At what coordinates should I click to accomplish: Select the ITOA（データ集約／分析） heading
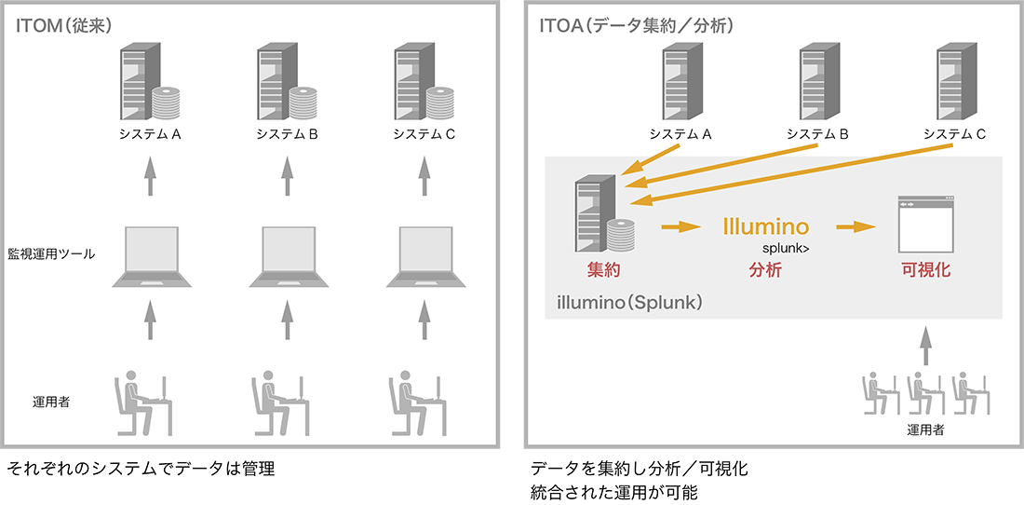coord(636,25)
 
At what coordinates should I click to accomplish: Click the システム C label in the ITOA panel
coord(954,134)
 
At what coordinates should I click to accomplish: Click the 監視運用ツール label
coord(51,253)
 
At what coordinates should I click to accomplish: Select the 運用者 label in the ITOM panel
coord(51,403)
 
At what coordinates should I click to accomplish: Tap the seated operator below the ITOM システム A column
coord(144,403)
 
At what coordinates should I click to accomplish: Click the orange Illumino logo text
coord(765,225)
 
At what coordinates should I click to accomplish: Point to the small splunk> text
coord(785,249)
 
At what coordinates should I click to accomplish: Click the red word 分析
coord(765,270)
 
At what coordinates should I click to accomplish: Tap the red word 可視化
coord(925,270)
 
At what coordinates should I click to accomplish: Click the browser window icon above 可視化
coord(925,225)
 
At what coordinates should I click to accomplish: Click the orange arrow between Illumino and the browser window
coord(858,226)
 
